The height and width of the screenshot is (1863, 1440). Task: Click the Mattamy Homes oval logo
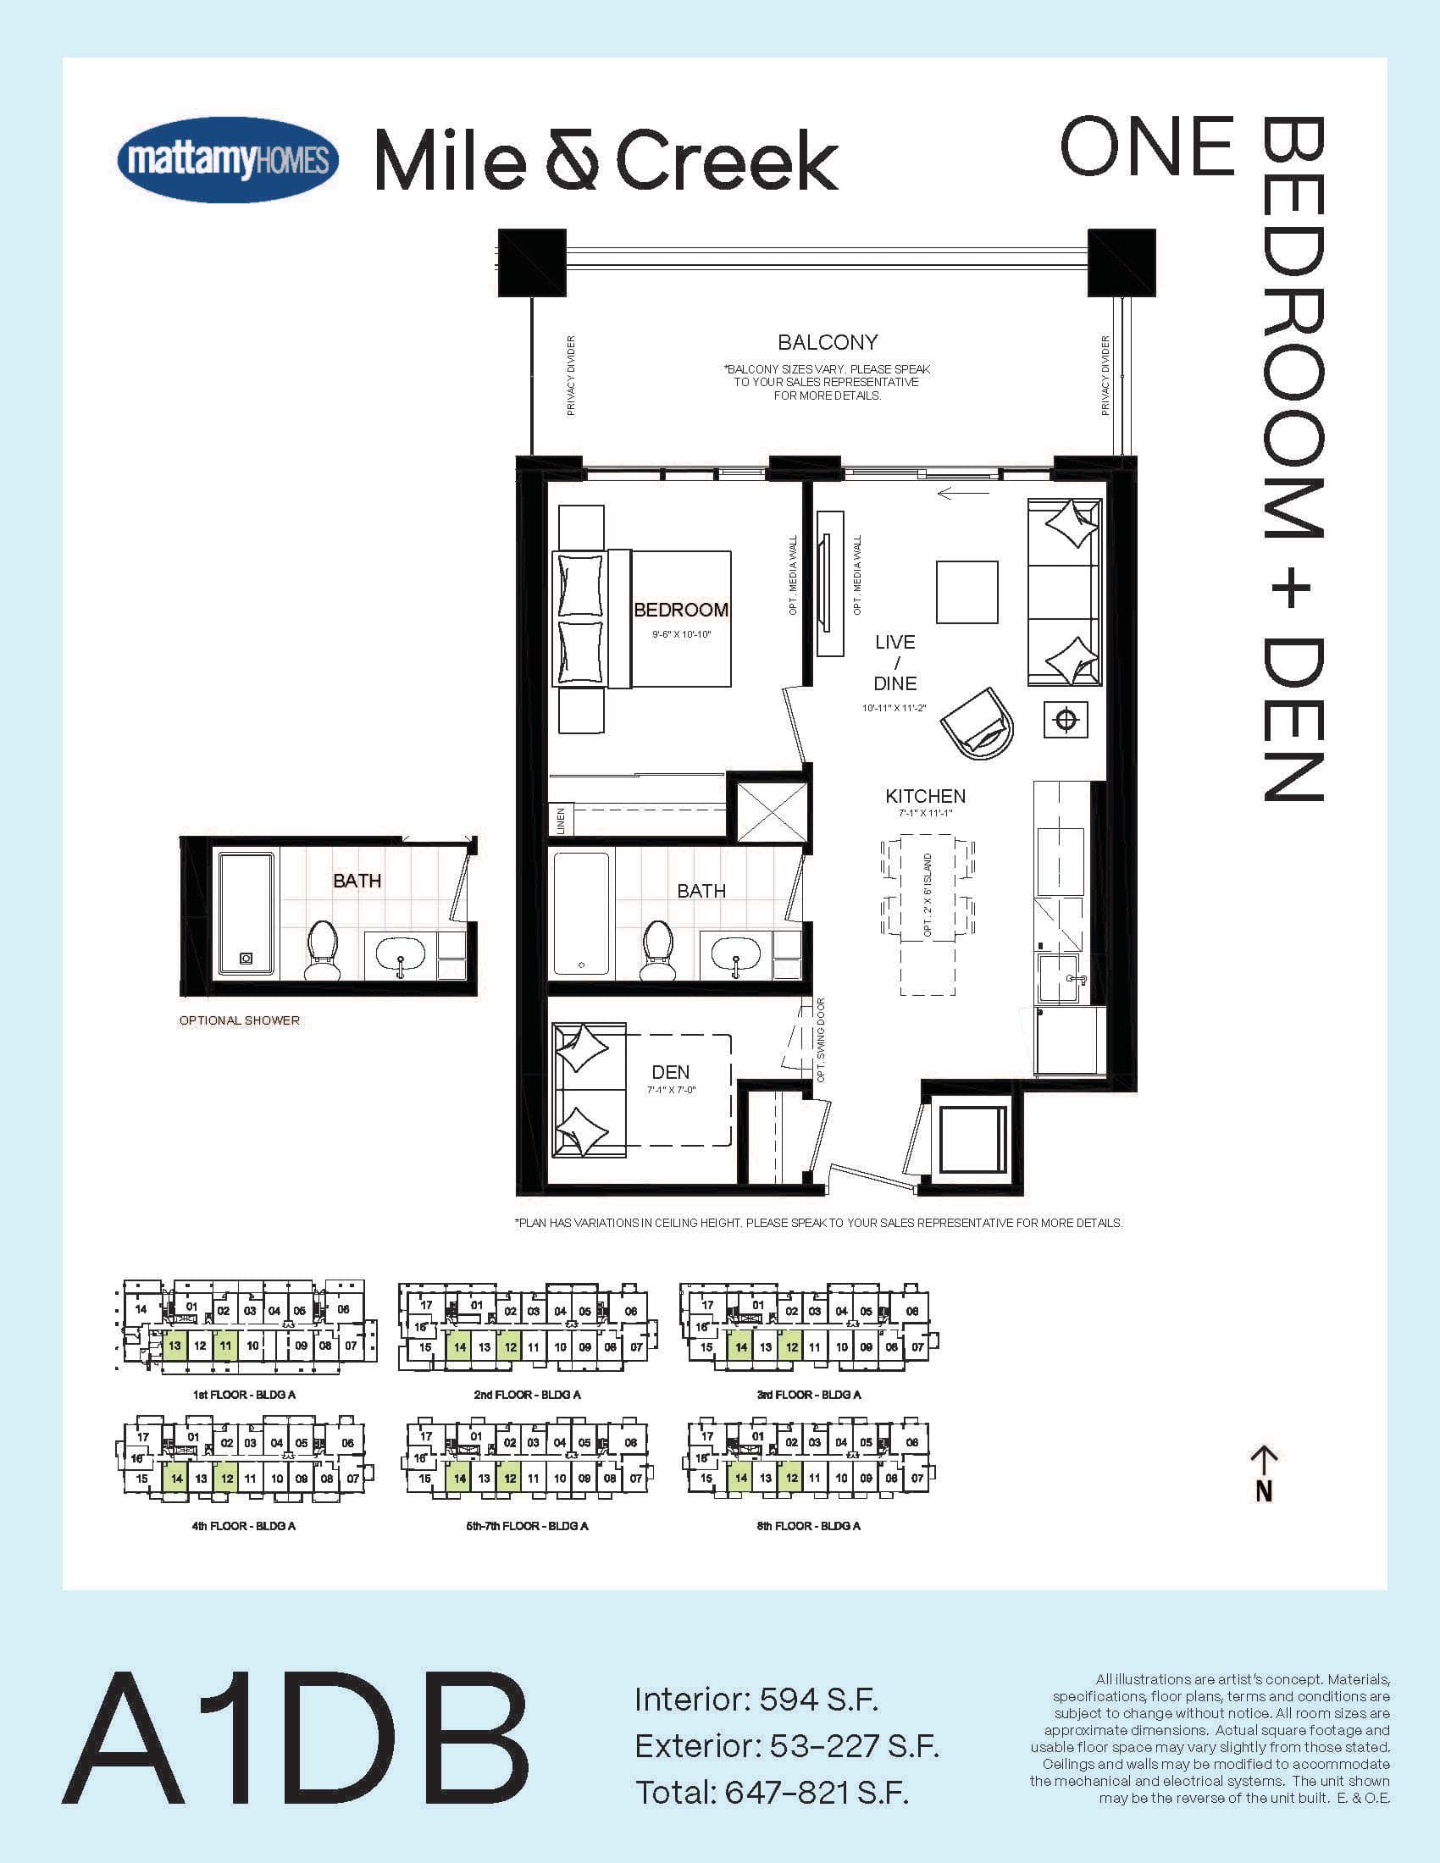pyautogui.click(x=228, y=159)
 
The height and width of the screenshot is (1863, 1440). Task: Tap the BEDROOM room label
pyautogui.click(x=680, y=610)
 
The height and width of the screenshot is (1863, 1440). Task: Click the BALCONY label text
pyautogui.click(x=828, y=342)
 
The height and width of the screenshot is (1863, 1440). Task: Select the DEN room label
pyautogui.click(x=671, y=1072)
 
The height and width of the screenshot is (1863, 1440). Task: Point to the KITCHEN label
pyautogui.click(x=925, y=796)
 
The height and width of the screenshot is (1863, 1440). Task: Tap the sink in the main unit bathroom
pyautogui.click(x=734, y=953)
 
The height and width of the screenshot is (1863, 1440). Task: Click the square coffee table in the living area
pyautogui.click(x=966, y=592)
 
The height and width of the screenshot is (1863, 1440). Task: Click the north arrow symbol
pyautogui.click(x=1264, y=1473)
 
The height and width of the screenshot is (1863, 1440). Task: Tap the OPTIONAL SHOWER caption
pyautogui.click(x=239, y=1020)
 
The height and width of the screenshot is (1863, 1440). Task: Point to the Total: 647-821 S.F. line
pyautogui.click(x=771, y=1794)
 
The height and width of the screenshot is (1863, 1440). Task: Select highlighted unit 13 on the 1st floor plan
pyautogui.click(x=174, y=1346)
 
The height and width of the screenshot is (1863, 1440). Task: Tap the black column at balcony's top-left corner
pyautogui.click(x=531, y=262)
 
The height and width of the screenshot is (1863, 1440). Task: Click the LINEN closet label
pyautogui.click(x=561, y=821)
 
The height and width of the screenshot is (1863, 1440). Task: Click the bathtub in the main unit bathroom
pyautogui.click(x=582, y=914)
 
